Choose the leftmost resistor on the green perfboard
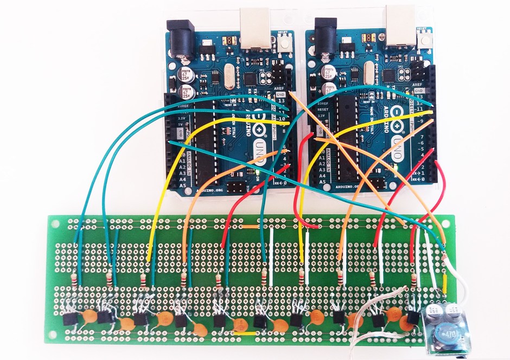[74, 283]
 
